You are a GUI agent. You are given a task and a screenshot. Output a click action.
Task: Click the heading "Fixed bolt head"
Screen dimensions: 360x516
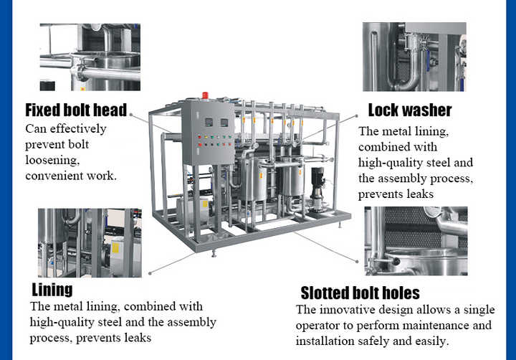76,110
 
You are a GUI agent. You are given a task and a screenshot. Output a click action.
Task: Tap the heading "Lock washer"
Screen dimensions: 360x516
410,110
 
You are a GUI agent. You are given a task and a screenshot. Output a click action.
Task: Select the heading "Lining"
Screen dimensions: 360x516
52,290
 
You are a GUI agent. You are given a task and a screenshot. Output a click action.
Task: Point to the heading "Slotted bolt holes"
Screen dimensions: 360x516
360,293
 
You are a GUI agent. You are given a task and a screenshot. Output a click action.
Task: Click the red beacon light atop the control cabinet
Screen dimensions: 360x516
205,95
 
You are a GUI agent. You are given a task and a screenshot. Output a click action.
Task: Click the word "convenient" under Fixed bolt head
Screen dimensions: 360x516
54,176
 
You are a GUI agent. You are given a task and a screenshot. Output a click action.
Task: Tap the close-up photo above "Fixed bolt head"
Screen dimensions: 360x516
90,57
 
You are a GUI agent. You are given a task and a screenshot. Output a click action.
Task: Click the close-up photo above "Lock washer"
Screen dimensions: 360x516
414,57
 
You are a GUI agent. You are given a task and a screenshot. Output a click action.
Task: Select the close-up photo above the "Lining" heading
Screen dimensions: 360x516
90,242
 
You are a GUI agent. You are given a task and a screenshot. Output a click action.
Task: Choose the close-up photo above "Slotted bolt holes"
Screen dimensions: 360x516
416,241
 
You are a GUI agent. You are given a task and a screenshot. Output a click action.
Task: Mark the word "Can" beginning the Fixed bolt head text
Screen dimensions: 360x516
36,129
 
